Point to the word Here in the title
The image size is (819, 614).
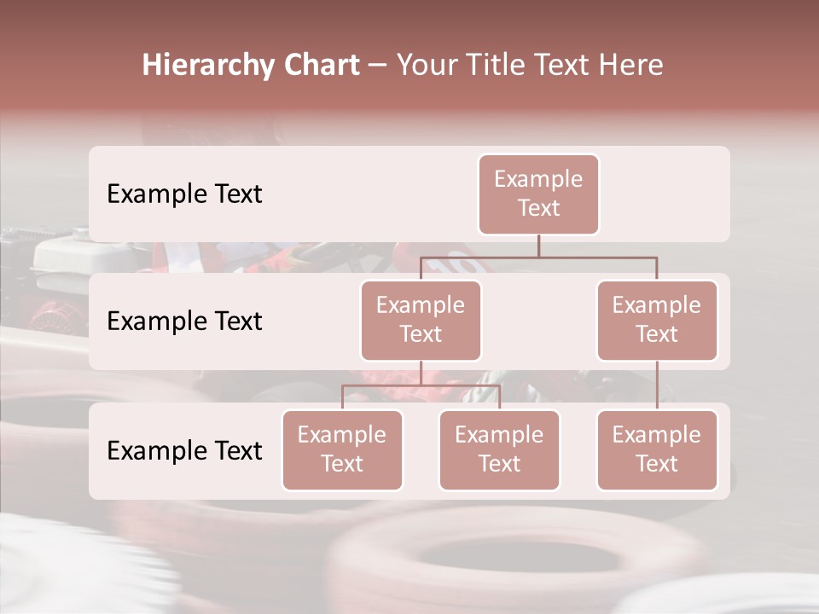(631, 66)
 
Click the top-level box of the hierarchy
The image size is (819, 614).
(538, 194)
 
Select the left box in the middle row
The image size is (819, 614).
(421, 320)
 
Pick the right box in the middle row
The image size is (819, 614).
(657, 320)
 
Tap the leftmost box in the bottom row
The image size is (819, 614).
(342, 449)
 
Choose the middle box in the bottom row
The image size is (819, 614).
(499, 449)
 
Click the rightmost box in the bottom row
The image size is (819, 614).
(657, 449)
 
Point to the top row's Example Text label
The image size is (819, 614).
(184, 194)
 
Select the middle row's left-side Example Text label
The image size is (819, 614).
(184, 321)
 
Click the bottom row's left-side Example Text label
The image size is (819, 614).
(184, 451)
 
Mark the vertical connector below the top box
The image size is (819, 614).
(538, 246)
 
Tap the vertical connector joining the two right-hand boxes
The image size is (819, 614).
(657, 385)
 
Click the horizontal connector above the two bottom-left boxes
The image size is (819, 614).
(421, 385)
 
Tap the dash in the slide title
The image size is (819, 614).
(378, 66)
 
